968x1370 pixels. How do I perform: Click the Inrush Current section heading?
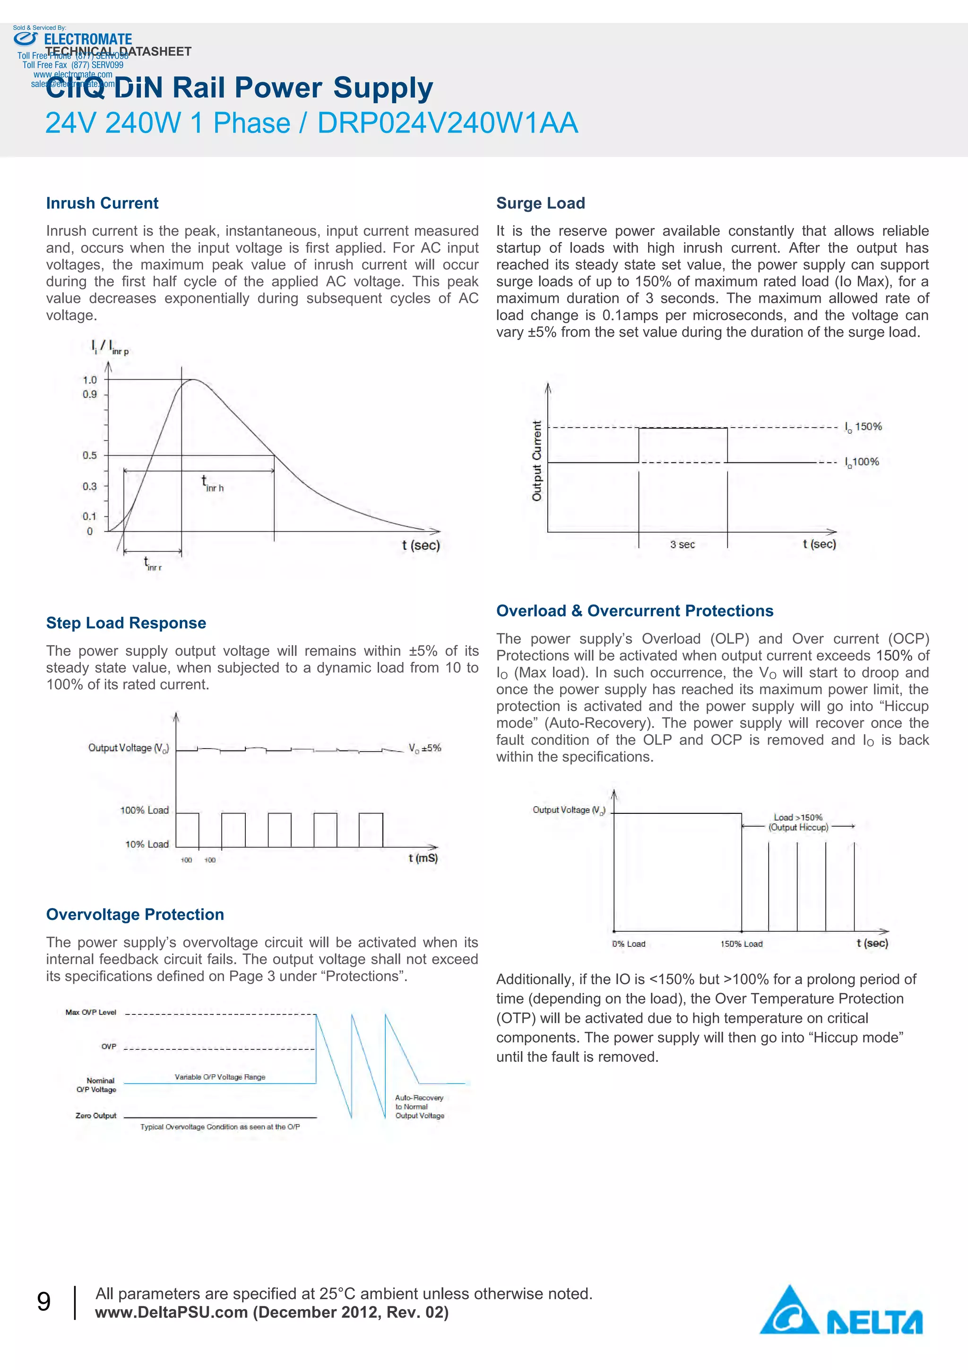tap(102, 203)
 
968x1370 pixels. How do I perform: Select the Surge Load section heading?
tap(540, 203)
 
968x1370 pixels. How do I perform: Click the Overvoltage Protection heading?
tap(135, 915)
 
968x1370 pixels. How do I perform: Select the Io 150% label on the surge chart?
tap(863, 427)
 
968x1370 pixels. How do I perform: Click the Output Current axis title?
tap(537, 461)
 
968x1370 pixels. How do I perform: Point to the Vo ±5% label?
tap(424, 748)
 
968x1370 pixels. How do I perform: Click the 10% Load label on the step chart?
tap(147, 844)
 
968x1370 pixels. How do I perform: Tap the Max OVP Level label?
tap(91, 1012)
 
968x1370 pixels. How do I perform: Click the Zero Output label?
tap(95, 1115)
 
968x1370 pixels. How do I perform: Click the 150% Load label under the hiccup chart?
tap(741, 944)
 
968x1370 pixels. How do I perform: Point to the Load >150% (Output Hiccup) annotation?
tap(798, 822)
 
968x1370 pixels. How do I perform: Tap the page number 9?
tap(43, 1302)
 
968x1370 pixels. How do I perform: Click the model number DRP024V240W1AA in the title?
tap(447, 123)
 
